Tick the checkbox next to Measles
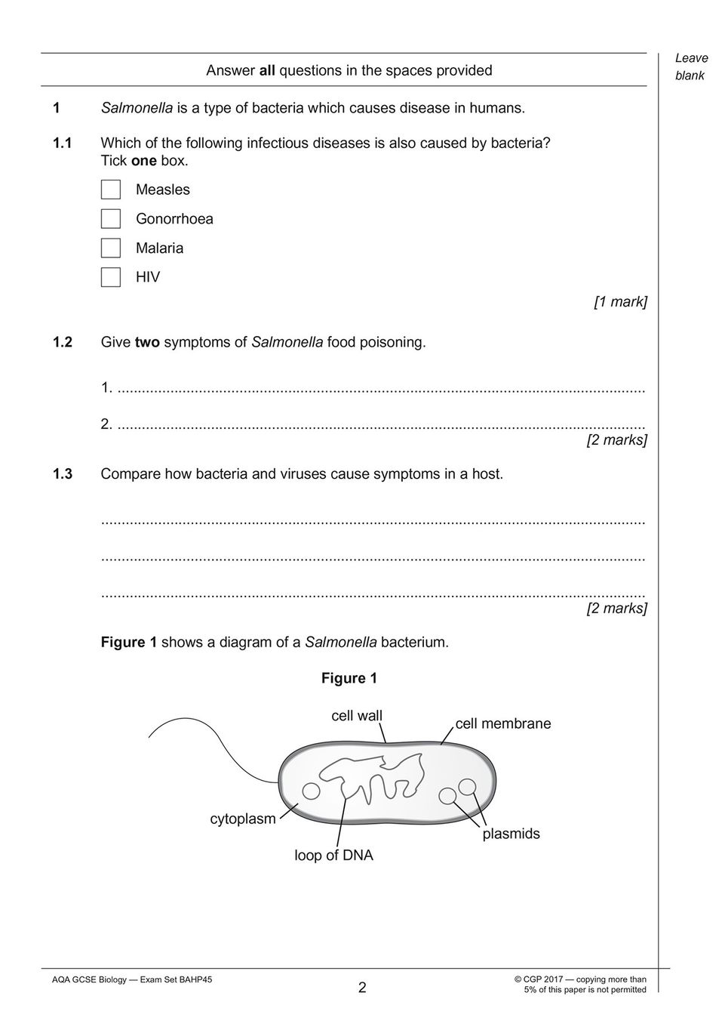[x=111, y=190]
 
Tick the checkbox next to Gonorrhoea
[x=111, y=219]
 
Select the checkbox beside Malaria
[x=111, y=248]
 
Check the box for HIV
[x=111, y=277]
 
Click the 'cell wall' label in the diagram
[x=357, y=716]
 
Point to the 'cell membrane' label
[x=503, y=723]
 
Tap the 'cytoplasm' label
[x=243, y=819]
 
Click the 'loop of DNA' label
[x=333, y=856]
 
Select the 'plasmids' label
[x=511, y=834]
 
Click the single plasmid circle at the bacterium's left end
[x=311, y=791]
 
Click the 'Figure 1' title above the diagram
[x=349, y=678]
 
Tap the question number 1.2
[x=62, y=342]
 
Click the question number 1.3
[x=62, y=474]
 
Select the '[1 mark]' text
[x=620, y=302]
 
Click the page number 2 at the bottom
[x=362, y=988]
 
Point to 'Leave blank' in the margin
[x=691, y=66]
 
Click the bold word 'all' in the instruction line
[x=267, y=71]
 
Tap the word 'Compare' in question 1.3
[x=131, y=474]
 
